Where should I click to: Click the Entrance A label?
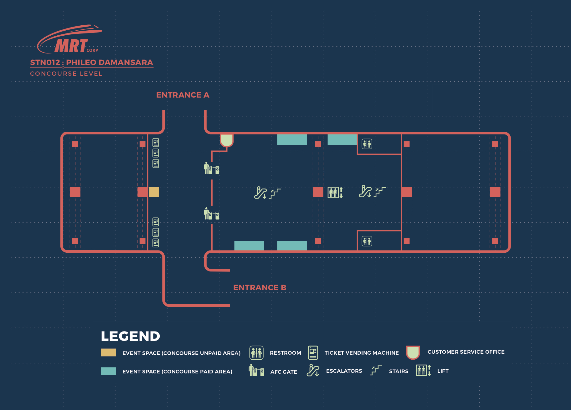pos(183,95)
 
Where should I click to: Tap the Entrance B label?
pos(260,287)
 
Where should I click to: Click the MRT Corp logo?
pos(69,39)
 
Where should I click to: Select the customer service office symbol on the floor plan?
pos(227,140)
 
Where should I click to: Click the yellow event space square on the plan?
pos(154,192)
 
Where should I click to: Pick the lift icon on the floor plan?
pos(335,192)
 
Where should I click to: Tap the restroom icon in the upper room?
pos(367,144)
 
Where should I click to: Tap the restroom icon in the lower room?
pos(367,241)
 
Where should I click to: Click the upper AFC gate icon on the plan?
pos(211,168)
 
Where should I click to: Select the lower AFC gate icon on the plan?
pos(211,214)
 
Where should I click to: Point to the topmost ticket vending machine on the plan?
pos(156,143)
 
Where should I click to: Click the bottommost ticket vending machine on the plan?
pos(156,243)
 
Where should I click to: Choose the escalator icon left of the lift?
pos(260,193)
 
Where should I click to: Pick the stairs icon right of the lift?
pos(380,192)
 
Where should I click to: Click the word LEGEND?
pos(130,336)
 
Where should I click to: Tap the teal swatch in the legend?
pos(108,371)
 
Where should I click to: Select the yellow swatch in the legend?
pos(108,352)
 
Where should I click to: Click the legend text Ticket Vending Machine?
pos(362,353)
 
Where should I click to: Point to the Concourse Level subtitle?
pos(66,73)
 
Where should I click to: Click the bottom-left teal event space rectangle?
pos(249,245)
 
